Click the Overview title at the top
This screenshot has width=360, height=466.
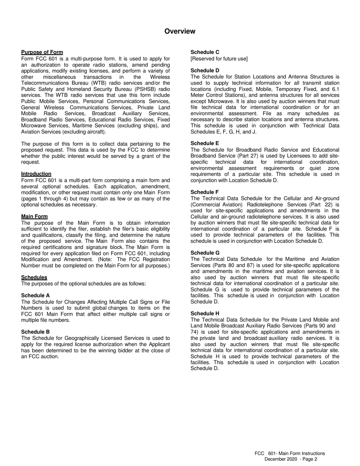(x=180, y=31)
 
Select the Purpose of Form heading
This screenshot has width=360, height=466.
(x=42, y=52)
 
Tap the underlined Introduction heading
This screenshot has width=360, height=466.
(x=36, y=174)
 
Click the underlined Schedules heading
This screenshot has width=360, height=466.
(x=34, y=277)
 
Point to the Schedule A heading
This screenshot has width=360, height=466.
(x=35, y=296)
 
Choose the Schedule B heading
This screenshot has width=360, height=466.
(x=35, y=332)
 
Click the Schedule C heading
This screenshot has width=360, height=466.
(x=205, y=52)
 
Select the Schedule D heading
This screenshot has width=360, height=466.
(x=205, y=70)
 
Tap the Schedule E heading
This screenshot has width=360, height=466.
(x=205, y=143)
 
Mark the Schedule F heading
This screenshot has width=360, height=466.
(x=205, y=192)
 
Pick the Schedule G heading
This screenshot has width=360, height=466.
(x=205, y=253)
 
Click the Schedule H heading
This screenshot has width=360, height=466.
(x=205, y=313)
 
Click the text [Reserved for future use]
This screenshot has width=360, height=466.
(x=219, y=59)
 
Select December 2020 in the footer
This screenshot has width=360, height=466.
(x=280, y=459)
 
